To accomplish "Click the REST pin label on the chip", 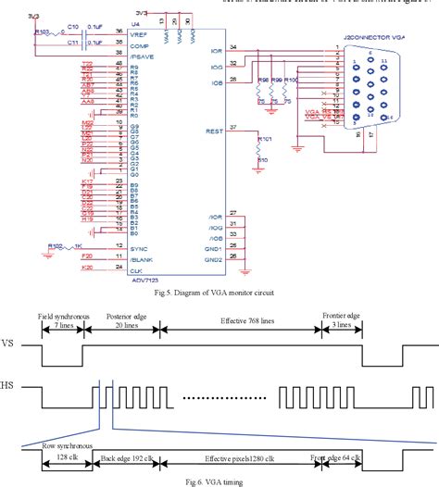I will coord(213,131).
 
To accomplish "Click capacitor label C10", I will coord(72,28).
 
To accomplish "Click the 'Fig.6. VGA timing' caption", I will coord(219,481).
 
